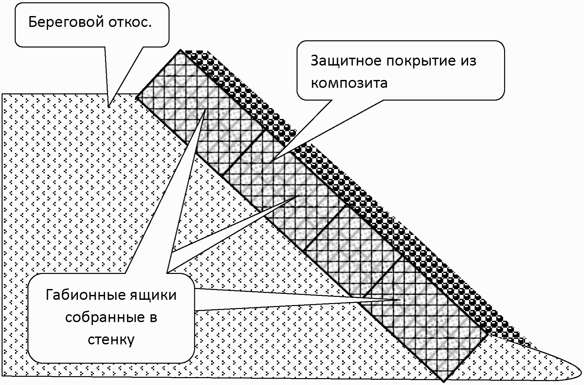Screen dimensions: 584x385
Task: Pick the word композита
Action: coord(349,83)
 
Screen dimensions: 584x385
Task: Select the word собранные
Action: coord(104,317)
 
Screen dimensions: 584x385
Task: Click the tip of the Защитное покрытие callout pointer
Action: coord(271,161)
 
